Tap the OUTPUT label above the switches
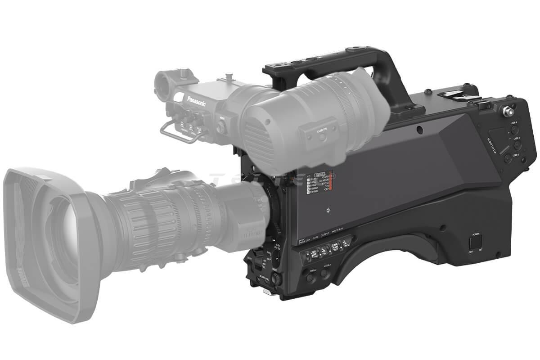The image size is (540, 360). coord(325,230)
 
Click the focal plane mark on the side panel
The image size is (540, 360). coord(327,210)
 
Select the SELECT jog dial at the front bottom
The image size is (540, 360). coord(277,279)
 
